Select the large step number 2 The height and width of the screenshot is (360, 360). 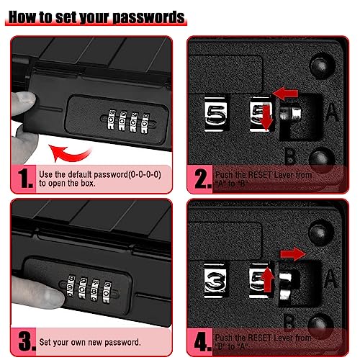pyautogui.click(x=201, y=177)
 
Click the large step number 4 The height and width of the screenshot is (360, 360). pyautogui.click(x=201, y=341)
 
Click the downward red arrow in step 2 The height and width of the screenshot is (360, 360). pyautogui.click(x=266, y=120)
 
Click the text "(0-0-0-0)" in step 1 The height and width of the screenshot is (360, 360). pyautogui.click(x=137, y=174)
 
